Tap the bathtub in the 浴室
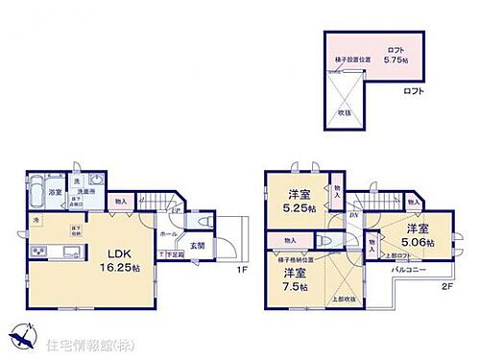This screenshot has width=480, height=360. coord(33,188)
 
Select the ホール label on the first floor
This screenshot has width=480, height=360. coord(167,233)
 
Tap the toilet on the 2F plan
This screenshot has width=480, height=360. coord(328,240)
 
